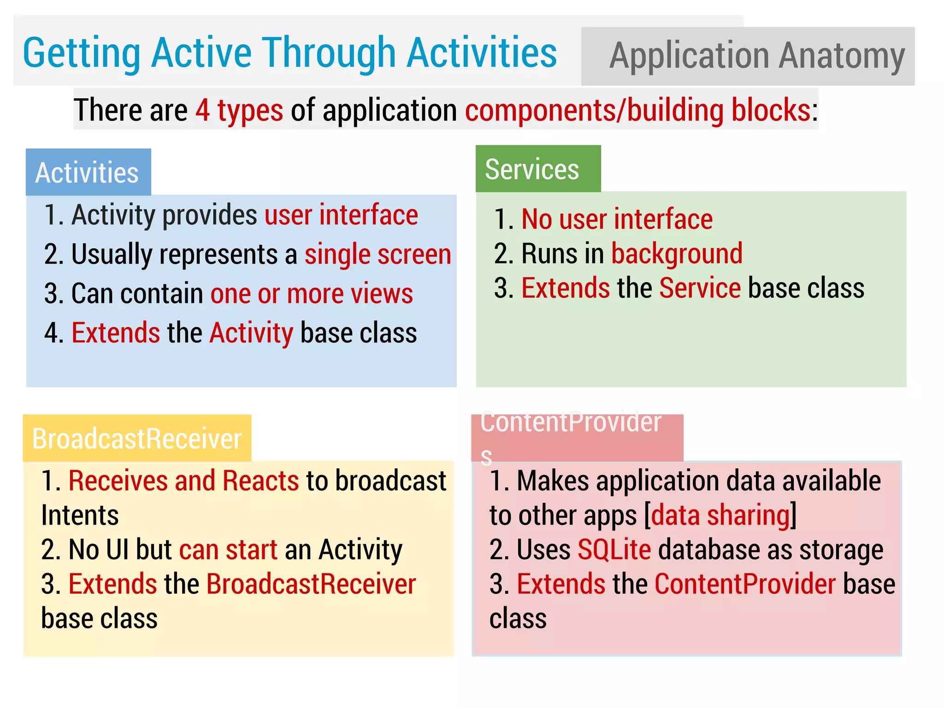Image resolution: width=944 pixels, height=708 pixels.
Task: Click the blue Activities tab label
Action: [x=88, y=173]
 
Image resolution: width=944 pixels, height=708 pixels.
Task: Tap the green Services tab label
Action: [x=532, y=169]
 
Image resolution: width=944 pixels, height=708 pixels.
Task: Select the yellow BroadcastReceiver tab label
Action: [x=136, y=438]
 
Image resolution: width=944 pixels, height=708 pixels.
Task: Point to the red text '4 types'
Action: [x=239, y=110]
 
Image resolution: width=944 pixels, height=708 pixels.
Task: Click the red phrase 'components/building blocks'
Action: [x=637, y=110]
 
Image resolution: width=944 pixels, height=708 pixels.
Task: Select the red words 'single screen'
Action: [x=378, y=254]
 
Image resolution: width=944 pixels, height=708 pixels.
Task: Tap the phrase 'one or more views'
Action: [x=312, y=294]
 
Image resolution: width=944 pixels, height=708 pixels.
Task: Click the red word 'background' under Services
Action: [x=677, y=254]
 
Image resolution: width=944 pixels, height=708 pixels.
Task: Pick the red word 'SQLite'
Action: [x=614, y=549]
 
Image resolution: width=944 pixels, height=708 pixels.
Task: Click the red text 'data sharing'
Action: [x=720, y=515]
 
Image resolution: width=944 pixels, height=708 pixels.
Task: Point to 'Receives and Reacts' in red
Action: [x=183, y=481]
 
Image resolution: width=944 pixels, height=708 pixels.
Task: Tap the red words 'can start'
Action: [x=228, y=549]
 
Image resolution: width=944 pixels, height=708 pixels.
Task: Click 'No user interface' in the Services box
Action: [x=617, y=219]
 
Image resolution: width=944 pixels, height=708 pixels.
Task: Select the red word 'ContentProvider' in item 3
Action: [x=745, y=584]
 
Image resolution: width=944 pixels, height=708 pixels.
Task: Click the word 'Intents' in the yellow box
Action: [x=80, y=515]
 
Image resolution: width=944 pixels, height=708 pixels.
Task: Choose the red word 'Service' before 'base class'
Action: [x=700, y=288]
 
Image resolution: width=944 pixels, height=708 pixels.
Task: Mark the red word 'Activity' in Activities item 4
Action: [x=251, y=333]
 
